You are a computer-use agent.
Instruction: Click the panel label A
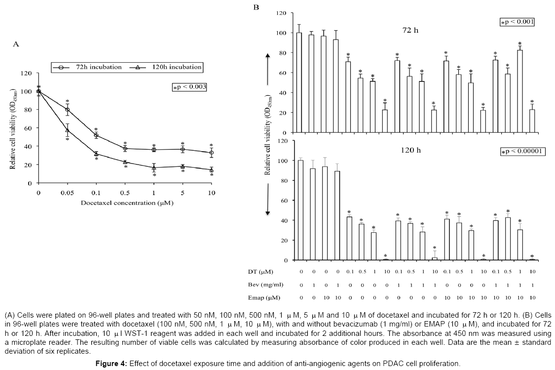point(16,44)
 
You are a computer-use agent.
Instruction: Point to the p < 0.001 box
point(517,22)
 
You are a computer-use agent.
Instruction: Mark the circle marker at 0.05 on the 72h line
point(68,110)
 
